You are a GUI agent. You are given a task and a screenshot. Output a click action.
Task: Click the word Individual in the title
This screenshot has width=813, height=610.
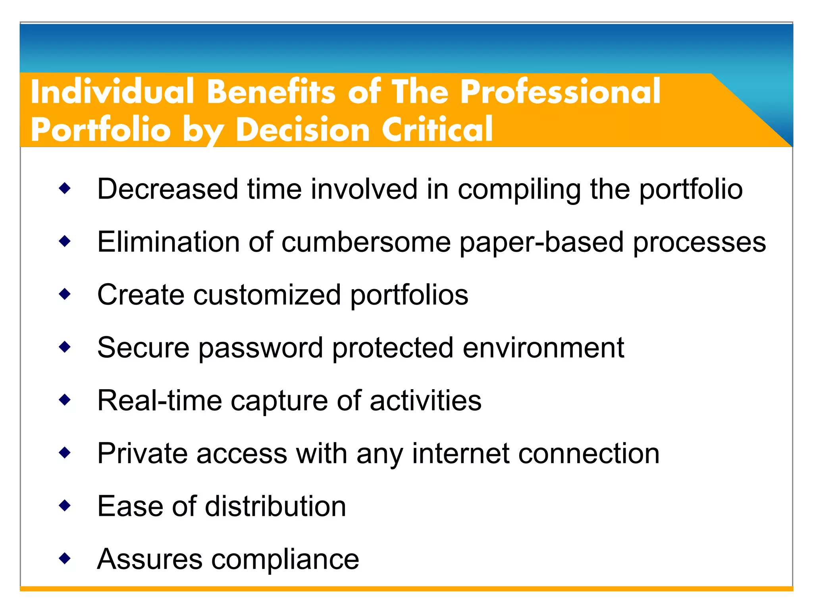pos(112,92)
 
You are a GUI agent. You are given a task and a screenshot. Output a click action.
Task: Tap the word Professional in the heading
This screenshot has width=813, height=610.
pos(560,92)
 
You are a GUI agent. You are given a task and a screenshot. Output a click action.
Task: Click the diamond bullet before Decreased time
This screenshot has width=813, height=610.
pos(64,188)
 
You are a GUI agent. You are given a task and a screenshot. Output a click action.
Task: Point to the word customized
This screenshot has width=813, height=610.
pos(267,295)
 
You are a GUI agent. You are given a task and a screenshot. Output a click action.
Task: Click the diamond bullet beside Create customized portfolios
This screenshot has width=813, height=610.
pos(64,294)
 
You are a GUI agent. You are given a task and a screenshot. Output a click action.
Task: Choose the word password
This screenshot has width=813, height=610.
pos(260,348)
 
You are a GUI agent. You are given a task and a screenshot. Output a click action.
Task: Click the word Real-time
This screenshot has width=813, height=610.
pos(159,400)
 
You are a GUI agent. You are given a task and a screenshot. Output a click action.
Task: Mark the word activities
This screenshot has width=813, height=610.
pos(425,400)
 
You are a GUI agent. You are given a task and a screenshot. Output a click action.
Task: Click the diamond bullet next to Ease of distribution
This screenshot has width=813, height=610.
pos(64,506)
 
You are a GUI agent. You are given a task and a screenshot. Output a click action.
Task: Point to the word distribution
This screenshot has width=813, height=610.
pos(275,506)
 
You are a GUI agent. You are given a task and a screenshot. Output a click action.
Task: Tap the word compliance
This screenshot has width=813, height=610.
pos(285,560)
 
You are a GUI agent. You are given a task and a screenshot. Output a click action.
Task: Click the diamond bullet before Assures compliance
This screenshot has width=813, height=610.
pos(64,559)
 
